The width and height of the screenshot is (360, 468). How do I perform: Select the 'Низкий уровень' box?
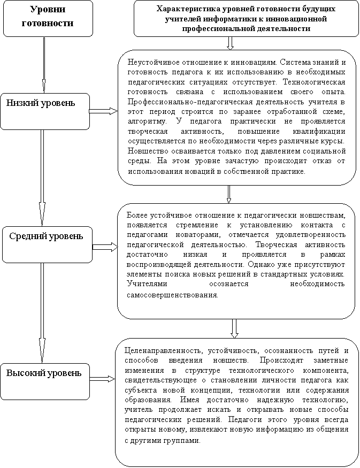[45, 111]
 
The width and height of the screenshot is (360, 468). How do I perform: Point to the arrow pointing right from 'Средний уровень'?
[105, 247]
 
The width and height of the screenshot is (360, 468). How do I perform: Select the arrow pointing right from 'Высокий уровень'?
[102, 379]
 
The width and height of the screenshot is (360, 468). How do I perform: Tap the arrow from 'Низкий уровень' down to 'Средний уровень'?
[42, 177]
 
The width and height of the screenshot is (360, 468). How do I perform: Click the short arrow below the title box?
[230, 43]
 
